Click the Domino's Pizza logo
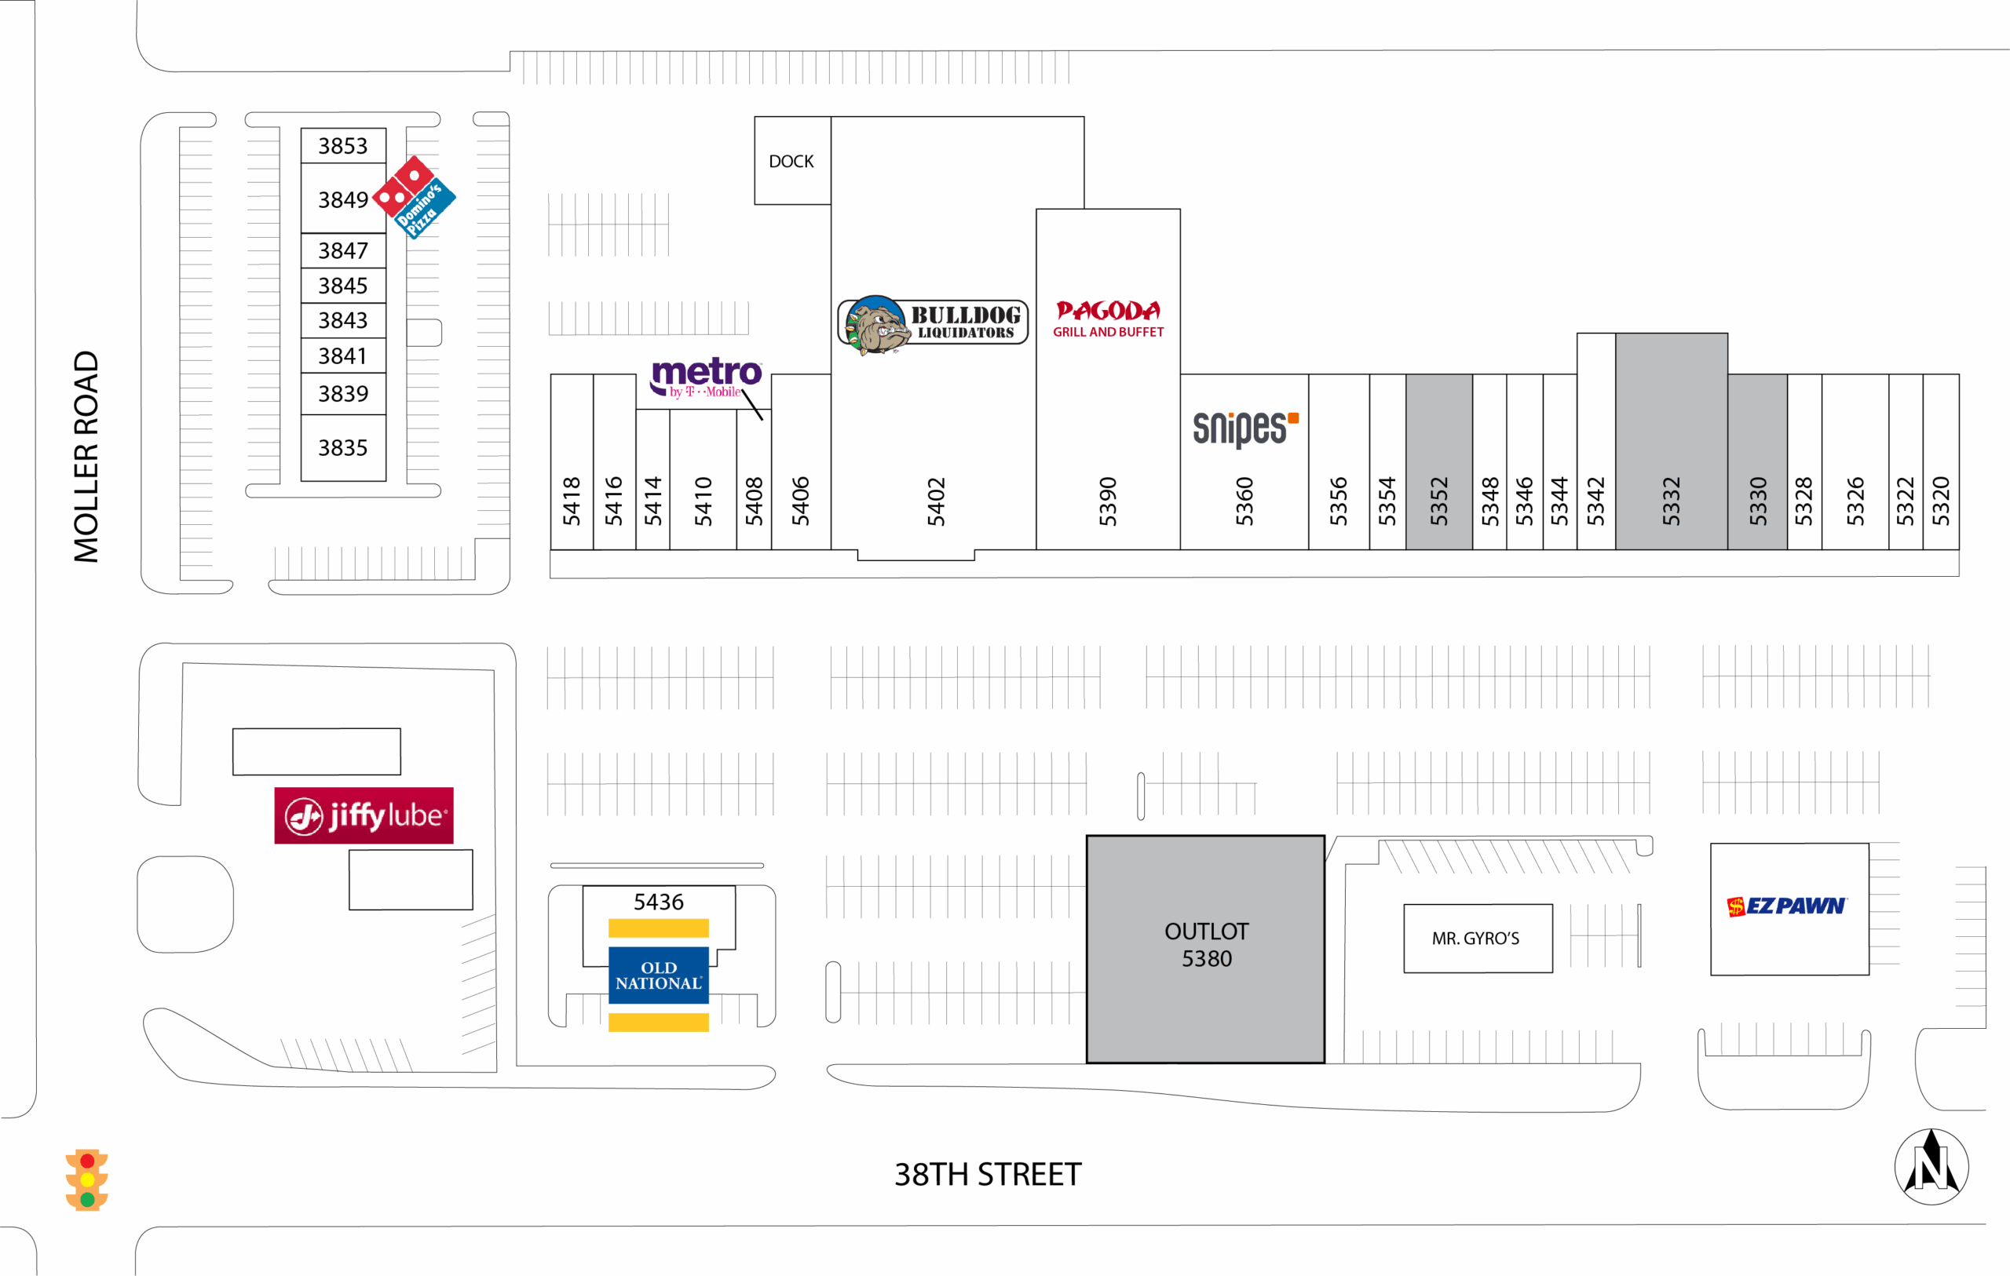(x=414, y=197)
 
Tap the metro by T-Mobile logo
(x=705, y=378)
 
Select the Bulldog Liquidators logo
(x=933, y=324)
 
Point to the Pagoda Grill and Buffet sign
(x=1108, y=319)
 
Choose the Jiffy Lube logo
(x=364, y=815)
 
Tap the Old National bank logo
(x=659, y=975)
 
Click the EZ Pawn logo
(x=1787, y=906)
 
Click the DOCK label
(x=791, y=161)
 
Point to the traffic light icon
(x=87, y=1180)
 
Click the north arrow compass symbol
(x=1931, y=1166)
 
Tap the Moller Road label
(x=86, y=457)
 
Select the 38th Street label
(x=988, y=1174)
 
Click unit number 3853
(x=342, y=146)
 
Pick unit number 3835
(x=342, y=448)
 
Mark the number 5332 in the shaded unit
(x=1670, y=501)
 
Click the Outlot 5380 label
(x=1206, y=945)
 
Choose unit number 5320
(x=1941, y=501)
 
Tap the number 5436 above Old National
(x=658, y=902)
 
